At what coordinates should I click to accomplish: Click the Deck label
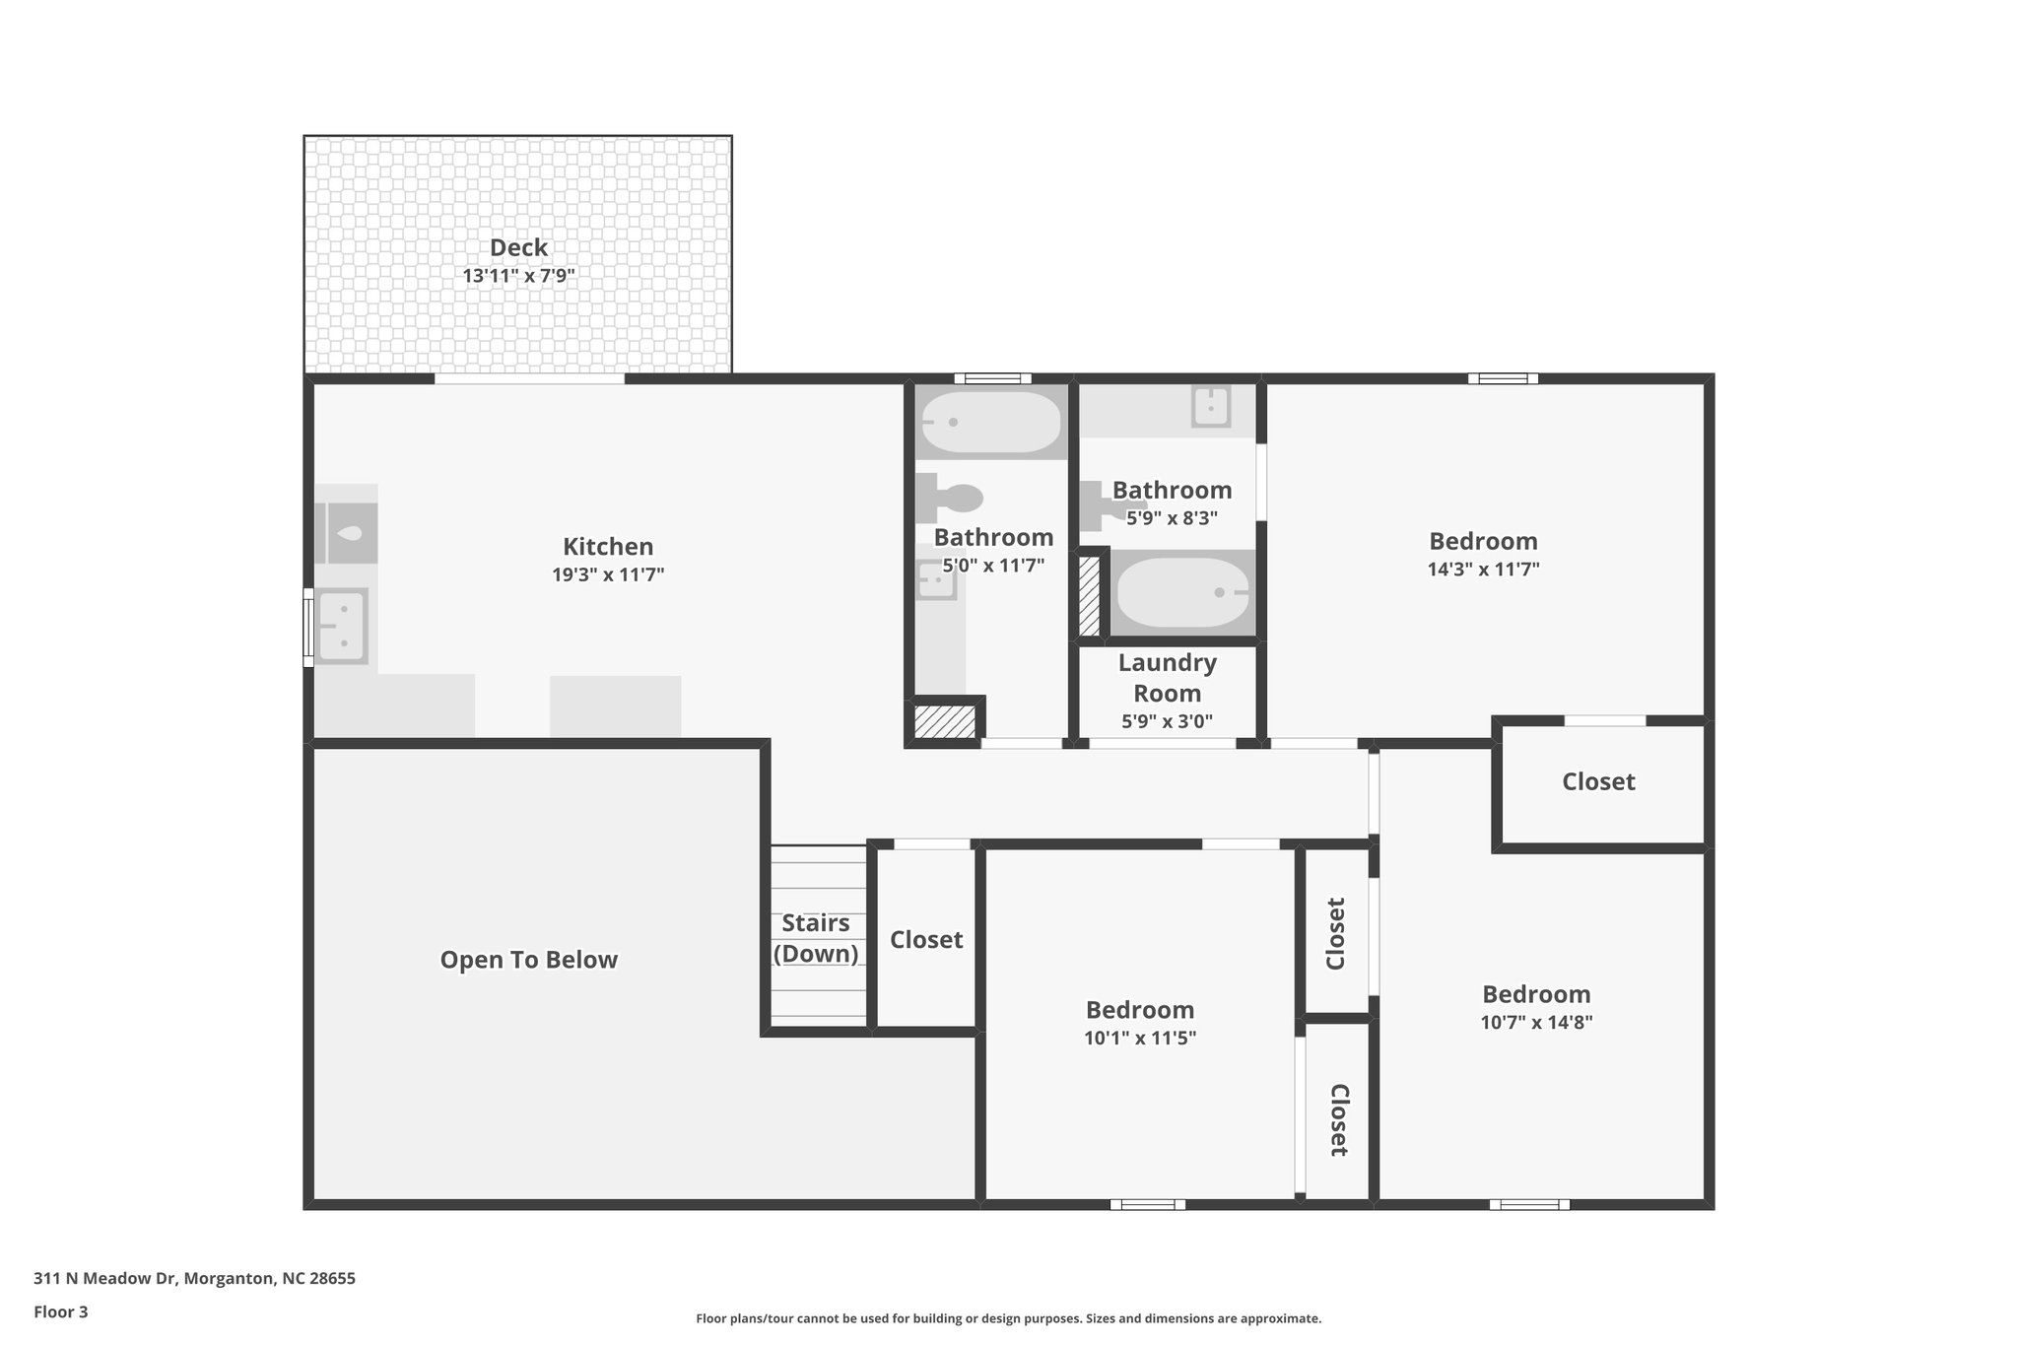[x=518, y=247]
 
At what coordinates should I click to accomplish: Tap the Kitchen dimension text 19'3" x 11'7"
[x=608, y=574]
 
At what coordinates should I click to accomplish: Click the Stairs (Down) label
[x=816, y=938]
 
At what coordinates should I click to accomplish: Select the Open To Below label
[x=528, y=960]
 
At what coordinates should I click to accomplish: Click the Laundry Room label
[x=1167, y=678]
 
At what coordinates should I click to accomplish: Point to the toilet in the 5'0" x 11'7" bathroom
[x=949, y=499]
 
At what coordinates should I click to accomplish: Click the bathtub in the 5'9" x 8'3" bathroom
[x=1181, y=593]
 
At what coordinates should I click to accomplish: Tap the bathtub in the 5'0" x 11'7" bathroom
[x=990, y=423]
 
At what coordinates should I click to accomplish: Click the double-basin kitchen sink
[x=342, y=627]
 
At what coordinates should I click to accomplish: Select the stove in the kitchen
[x=346, y=533]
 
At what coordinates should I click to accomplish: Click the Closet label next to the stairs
[x=926, y=939]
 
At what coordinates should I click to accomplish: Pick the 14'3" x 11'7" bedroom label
[x=1483, y=541]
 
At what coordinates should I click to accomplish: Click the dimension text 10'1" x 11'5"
[x=1140, y=1038]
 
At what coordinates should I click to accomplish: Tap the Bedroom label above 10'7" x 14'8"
[x=1536, y=994]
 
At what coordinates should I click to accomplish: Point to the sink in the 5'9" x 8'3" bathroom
[x=1210, y=406]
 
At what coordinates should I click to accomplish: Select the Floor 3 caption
[x=61, y=1311]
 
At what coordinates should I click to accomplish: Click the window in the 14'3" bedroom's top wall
[x=1503, y=378]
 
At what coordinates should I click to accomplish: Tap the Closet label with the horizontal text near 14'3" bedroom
[x=1598, y=781]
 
